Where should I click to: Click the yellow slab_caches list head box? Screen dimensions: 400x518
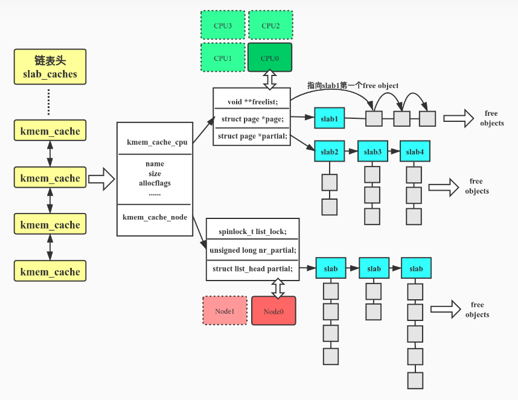pyautogui.click(x=50, y=67)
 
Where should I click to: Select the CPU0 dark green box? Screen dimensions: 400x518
pyautogui.click(x=269, y=58)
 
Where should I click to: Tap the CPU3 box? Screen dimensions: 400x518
pyautogui.click(x=222, y=25)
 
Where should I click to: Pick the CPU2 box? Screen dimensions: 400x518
pyautogui.click(x=270, y=25)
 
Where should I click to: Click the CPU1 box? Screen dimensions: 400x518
pyautogui.click(x=222, y=58)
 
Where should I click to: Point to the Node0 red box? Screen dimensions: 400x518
pyautogui.click(x=273, y=311)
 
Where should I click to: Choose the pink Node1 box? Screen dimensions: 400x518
pyautogui.click(x=225, y=311)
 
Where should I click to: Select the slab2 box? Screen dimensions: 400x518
pyautogui.click(x=329, y=151)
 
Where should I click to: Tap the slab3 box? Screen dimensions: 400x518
pyautogui.click(x=373, y=151)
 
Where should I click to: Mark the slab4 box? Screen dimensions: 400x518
pyautogui.click(x=415, y=151)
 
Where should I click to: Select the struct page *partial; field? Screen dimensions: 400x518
pyautogui.click(x=252, y=136)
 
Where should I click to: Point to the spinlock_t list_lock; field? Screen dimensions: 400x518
pyautogui.click(x=252, y=232)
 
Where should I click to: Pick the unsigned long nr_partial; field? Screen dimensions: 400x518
pyautogui.click(x=252, y=250)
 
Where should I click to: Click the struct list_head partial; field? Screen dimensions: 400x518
pyautogui.click(x=252, y=268)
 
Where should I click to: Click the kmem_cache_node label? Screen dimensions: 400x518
pyautogui.click(x=155, y=217)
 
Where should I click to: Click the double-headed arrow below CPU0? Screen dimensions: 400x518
pyautogui.click(x=269, y=79)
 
